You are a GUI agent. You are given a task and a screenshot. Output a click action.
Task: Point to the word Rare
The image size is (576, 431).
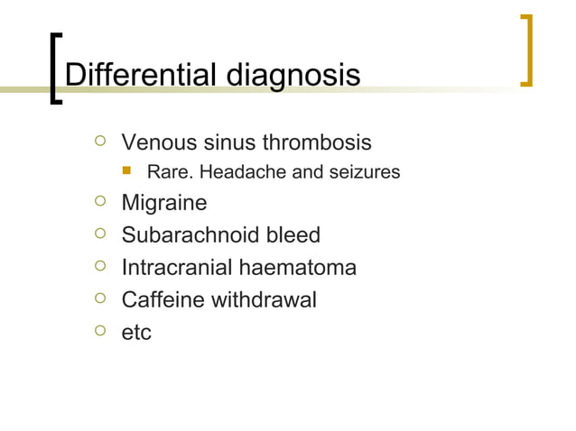(168, 171)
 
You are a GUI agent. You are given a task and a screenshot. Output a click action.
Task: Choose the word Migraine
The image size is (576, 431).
(163, 204)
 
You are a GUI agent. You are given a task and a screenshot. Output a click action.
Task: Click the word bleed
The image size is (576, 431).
(289, 235)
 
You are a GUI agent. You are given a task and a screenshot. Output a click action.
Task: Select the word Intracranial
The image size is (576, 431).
(178, 268)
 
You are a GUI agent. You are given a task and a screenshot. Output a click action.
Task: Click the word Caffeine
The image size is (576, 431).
(163, 299)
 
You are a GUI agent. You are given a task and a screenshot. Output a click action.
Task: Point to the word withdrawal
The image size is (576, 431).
(264, 299)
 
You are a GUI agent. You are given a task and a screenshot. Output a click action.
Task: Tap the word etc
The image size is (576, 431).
(136, 333)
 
